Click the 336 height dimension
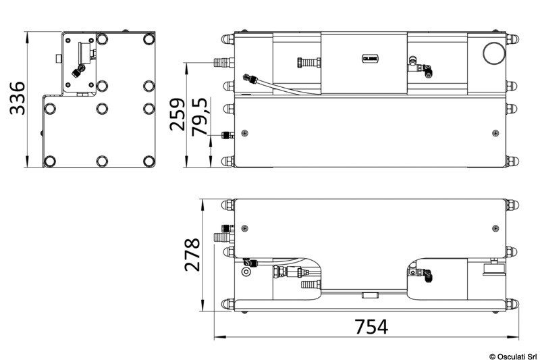coord(16,99)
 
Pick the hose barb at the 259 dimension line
coord(221,63)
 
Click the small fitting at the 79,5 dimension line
coord(222,136)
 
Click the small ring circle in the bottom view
coord(245,272)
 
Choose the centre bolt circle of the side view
coord(101,107)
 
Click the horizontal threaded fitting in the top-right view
coord(306,63)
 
